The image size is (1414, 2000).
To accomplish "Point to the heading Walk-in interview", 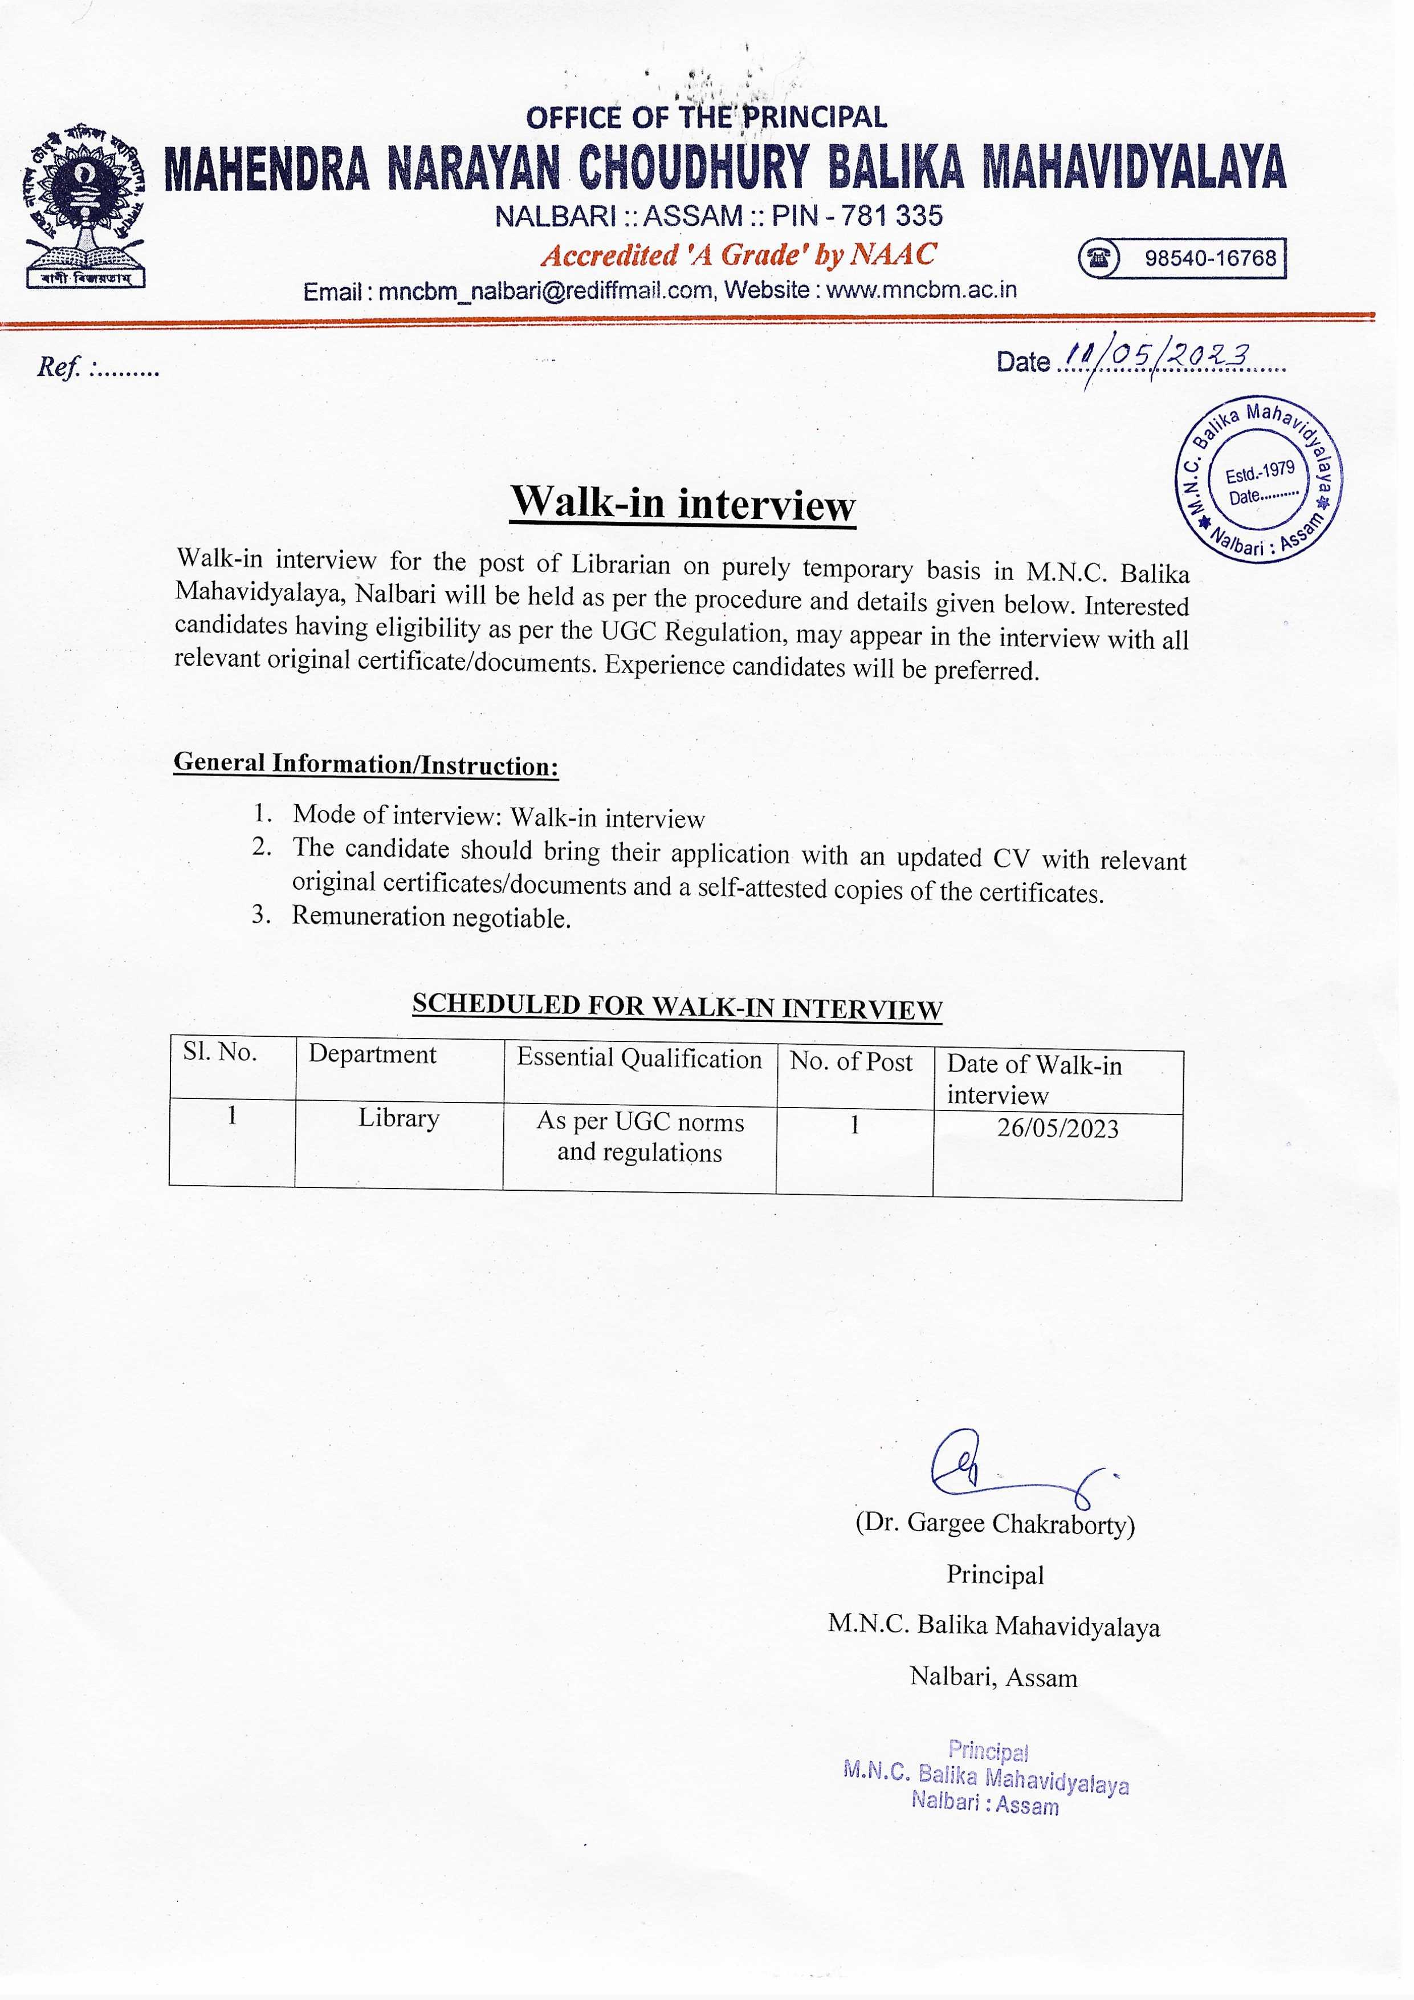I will point(683,504).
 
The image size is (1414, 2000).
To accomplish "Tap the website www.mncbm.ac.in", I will point(921,290).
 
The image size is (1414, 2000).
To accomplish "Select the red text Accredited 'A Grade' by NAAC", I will point(738,255).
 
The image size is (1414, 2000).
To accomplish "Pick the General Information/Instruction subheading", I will point(366,765).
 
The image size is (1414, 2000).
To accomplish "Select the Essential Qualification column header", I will point(639,1059).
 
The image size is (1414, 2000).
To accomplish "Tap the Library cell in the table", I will point(399,1118).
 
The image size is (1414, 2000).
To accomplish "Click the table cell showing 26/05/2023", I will point(1058,1129).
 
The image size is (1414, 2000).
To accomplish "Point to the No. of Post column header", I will point(851,1062).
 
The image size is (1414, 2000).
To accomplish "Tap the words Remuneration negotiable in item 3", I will point(431,917).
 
